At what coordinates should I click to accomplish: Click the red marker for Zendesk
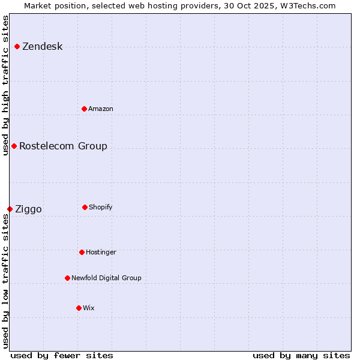tap(17, 47)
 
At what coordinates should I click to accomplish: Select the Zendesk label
tap(42, 47)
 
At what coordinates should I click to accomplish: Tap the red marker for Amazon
tap(84, 109)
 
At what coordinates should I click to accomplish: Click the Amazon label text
tap(101, 109)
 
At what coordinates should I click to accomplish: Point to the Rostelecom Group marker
tap(14, 146)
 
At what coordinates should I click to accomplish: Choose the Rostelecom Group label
tap(63, 146)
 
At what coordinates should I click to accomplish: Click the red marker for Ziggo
tap(10, 209)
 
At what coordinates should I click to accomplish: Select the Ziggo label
tap(28, 209)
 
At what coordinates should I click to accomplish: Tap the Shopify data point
tap(85, 207)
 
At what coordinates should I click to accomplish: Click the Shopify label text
tap(101, 207)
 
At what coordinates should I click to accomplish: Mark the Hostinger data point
tap(82, 252)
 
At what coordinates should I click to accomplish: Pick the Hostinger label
tap(101, 252)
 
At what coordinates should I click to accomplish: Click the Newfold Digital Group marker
tap(67, 278)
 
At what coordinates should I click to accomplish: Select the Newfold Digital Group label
tap(106, 278)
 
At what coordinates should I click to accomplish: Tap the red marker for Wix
tap(79, 308)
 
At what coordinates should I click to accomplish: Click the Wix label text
tap(89, 308)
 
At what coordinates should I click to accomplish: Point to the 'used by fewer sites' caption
tap(62, 355)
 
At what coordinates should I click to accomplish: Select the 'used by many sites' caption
tap(301, 355)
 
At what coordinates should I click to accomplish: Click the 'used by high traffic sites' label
tap(5, 85)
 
